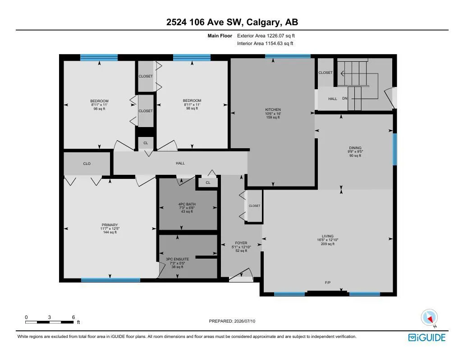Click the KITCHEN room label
pyautogui.click(x=273, y=109)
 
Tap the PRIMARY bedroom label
pyautogui.click(x=110, y=225)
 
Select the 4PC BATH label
pyautogui.click(x=187, y=204)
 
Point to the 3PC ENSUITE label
pyautogui.click(x=177, y=259)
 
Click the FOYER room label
pyautogui.click(x=241, y=243)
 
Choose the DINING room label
pyautogui.click(x=355, y=148)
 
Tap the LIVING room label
pyautogui.click(x=328, y=236)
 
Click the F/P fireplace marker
pyautogui.click(x=328, y=283)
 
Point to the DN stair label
pyautogui.click(x=345, y=98)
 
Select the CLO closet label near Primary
pyautogui.click(x=87, y=164)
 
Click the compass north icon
pyautogui.click(x=429, y=318)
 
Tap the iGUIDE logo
pyautogui.click(x=427, y=337)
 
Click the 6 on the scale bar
pyautogui.click(x=73, y=317)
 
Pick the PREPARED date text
pyautogui.click(x=232, y=321)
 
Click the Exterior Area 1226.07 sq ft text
pyautogui.click(x=266, y=36)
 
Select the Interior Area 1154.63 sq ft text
pyautogui.click(x=265, y=43)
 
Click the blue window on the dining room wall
pyautogui.click(x=395, y=149)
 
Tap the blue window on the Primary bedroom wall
pyautogui.click(x=111, y=280)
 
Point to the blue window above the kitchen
pyautogui.click(x=288, y=56)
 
